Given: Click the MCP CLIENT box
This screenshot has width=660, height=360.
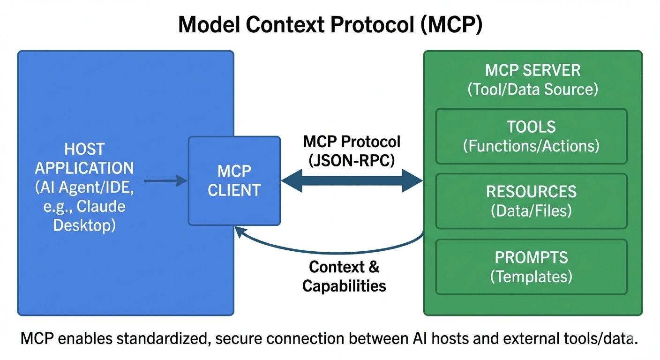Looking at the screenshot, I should (234, 180).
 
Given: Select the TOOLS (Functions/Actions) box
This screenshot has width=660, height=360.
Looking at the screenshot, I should (531, 136).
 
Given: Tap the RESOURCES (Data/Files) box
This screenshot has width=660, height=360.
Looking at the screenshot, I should (531, 201).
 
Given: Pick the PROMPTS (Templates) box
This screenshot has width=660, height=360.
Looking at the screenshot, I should (531, 267).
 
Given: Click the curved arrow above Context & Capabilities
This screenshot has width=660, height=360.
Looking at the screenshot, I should (328, 244).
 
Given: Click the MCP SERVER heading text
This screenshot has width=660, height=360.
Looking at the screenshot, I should (532, 70).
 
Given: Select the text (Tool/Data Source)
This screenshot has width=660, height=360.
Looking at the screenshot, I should (532, 89).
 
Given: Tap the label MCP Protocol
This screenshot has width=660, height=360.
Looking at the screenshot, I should (352, 141).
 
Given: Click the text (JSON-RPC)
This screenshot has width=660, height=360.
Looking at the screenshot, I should (352, 160).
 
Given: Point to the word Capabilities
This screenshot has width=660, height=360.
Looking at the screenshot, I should (344, 285).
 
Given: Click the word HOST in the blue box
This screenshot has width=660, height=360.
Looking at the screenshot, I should (84, 150).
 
